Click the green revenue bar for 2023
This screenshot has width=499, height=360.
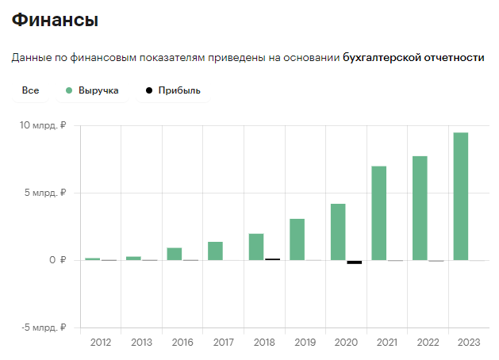tap(461, 197)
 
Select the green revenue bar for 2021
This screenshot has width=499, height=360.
tap(379, 213)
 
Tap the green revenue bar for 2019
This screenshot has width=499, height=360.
tap(297, 239)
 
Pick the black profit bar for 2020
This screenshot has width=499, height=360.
tap(354, 262)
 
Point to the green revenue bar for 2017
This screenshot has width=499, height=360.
tap(216, 251)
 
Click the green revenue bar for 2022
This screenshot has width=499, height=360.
tap(420, 208)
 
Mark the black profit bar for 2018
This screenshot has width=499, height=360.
tap(272, 259)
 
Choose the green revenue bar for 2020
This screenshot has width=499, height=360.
tap(338, 232)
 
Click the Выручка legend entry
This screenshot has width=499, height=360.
tap(93, 90)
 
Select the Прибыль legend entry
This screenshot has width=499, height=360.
tap(172, 90)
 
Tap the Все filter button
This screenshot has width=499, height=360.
tap(31, 90)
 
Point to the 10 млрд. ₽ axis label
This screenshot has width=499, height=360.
tap(44, 125)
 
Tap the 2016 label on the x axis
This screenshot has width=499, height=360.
tap(182, 343)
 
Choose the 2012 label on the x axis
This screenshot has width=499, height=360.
tap(101, 343)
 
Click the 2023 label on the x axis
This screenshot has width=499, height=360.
tap(469, 343)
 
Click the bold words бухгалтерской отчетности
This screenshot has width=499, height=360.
tap(413, 58)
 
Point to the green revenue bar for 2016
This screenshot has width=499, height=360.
tap(175, 254)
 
